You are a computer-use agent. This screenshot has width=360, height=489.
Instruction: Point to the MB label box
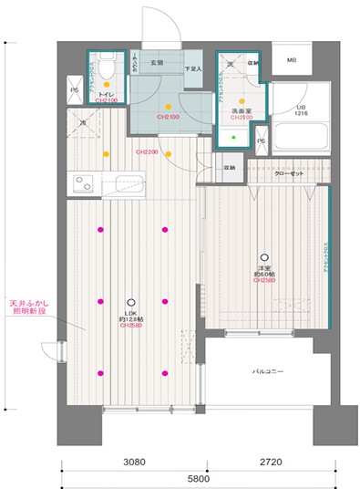[x=292, y=61]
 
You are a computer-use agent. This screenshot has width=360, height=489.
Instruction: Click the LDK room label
[x=130, y=312]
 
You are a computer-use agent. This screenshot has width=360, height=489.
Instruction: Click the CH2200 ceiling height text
[x=147, y=151]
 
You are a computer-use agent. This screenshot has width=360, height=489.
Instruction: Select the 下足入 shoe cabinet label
[x=192, y=68]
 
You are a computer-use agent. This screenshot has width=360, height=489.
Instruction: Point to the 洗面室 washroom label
[x=241, y=111]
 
